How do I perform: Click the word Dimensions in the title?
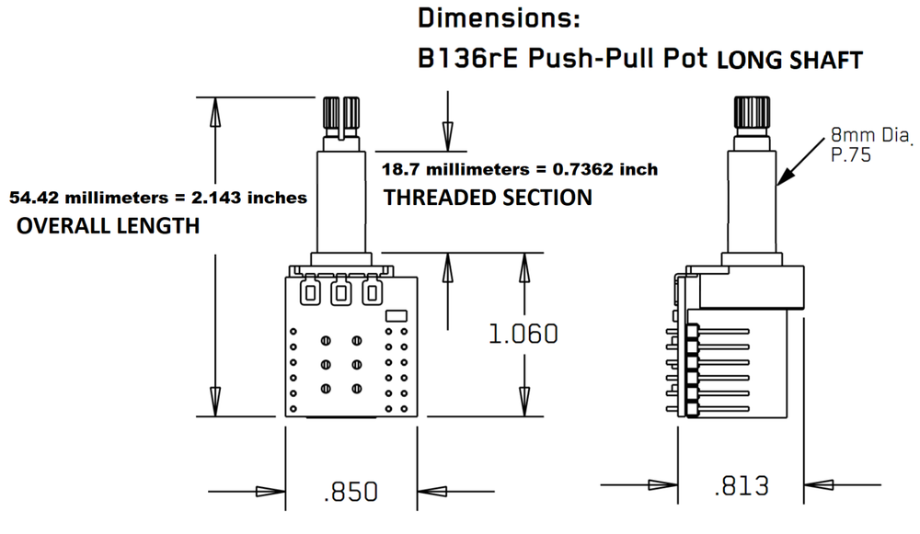pos(498,18)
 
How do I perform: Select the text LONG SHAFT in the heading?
pos(789,61)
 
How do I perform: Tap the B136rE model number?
pos(467,58)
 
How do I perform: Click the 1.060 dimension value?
pos(523,334)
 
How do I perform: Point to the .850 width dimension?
pos(351,491)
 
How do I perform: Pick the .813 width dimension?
pos(742,486)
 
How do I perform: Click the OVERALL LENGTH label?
pos(108,226)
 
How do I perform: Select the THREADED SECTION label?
pos(488,198)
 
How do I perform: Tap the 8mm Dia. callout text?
pos(870,135)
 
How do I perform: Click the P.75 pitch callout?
pos(851,155)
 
